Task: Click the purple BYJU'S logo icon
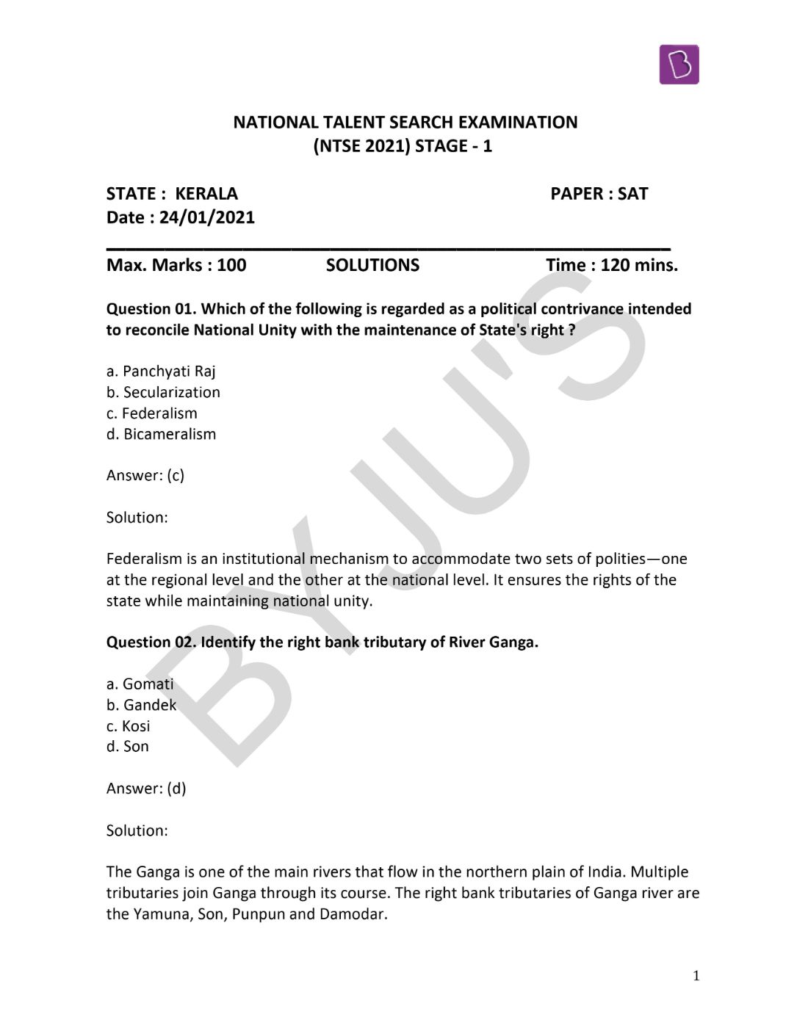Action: pyautogui.click(x=679, y=65)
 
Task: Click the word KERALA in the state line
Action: pyautogui.click(x=206, y=194)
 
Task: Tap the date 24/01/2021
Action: pyautogui.click(x=206, y=217)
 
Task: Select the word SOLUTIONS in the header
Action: pyautogui.click(x=372, y=265)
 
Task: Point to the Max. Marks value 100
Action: pyautogui.click(x=231, y=265)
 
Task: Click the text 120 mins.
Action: pyautogui.click(x=639, y=265)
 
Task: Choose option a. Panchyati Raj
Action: pyautogui.click(x=161, y=372)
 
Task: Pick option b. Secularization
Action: pyautogui.click(x=163, y=392)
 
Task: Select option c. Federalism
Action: pyautogui.click(x=152, y=413)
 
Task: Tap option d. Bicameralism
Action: pyautogui.click(x=161, y=434)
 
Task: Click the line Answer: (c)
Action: pyautogui.click(x=145, y=476)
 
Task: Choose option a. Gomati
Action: pyautogui.click(x=140, y=684)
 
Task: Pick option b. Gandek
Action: pyautogui.click(x=141, y=705)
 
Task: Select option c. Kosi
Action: pyautogui.click(x=129, y=726)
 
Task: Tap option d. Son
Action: pyautogui.click(x=128, y=747)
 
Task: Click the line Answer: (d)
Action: pyautogui.click(x=146, y=789)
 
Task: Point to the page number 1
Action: pyautogui.click(x=696, y=976)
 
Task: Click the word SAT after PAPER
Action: pyautogui.click(x=632, y=194)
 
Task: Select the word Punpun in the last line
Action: pyautogui.click(x=258, y=915)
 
